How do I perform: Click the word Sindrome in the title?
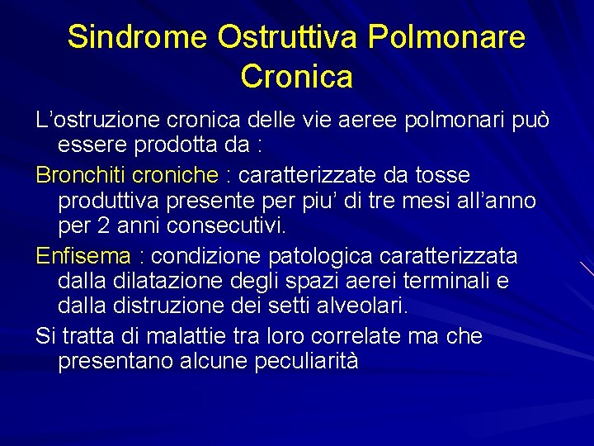click(x=137, y=37)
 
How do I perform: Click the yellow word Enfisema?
click(x=82, y=255)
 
